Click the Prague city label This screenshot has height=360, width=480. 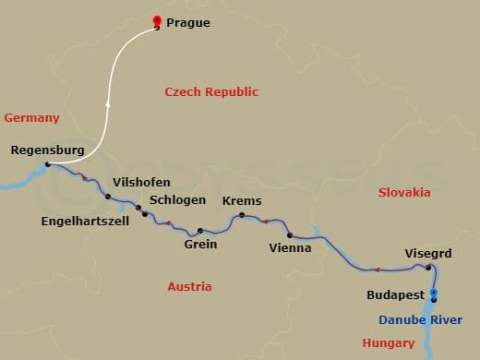pos(188,23)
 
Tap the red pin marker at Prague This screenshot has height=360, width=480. pos(156,22)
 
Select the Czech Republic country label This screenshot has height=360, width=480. pos(211,91)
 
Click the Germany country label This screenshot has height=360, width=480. pos(31,117)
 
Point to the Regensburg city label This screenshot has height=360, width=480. pos(47,150)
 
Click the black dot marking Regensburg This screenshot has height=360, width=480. pos(48,164)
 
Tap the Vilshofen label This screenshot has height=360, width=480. pos(141,182)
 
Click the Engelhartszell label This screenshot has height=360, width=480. pos(85,221)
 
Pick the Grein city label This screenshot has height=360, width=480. pos(200,244)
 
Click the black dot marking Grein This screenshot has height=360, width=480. pos(199,230)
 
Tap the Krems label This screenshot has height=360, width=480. pos(242,200)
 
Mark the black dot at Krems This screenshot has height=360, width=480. pos(242,216)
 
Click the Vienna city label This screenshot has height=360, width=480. pos(290,247)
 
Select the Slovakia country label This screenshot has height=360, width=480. pos(404,192)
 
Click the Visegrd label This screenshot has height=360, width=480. pos(427,252)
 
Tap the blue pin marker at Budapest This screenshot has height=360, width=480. pos(434,294)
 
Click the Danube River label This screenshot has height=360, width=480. pos(420,319)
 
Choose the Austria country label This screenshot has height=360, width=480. pos(189,286)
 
